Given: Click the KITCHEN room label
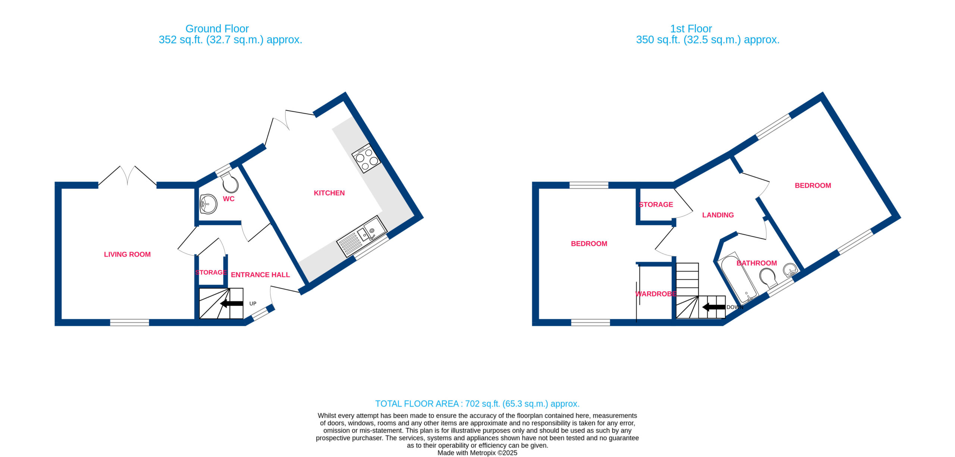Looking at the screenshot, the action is click(329, 193).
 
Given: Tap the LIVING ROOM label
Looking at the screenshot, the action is click(127, 255).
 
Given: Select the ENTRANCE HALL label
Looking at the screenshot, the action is click(260, 275).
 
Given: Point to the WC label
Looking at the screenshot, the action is click(229, 199).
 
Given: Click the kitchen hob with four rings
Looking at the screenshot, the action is click(366, 158).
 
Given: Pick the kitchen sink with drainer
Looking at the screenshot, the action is click(361, 236).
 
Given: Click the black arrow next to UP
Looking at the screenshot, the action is click(232, 303).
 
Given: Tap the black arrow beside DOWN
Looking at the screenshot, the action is click(714, 308).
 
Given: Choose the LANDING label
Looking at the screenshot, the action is click(718, 215).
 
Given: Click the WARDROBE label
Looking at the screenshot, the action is click(656, 294).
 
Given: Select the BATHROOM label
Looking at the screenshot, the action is click(757, 264).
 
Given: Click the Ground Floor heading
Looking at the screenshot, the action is click(217, 29).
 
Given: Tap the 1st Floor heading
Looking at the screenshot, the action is click(691, 29).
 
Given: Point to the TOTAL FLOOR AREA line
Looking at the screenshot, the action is click(477, 404).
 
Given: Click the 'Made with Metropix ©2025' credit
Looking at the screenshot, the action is click(477, 453).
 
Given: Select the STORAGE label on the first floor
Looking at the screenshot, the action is click(656, 205).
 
